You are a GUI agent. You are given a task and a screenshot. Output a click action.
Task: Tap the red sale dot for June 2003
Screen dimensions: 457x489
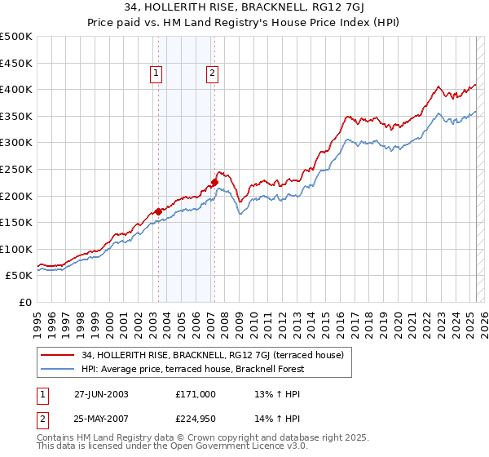point(158,211)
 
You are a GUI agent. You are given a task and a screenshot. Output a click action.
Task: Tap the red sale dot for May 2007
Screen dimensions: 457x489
point(214,182)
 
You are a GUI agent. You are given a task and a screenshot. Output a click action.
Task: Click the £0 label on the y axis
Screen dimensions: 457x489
point(24,302)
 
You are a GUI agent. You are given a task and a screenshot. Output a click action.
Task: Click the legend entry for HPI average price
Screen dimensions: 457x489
point(192,369)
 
